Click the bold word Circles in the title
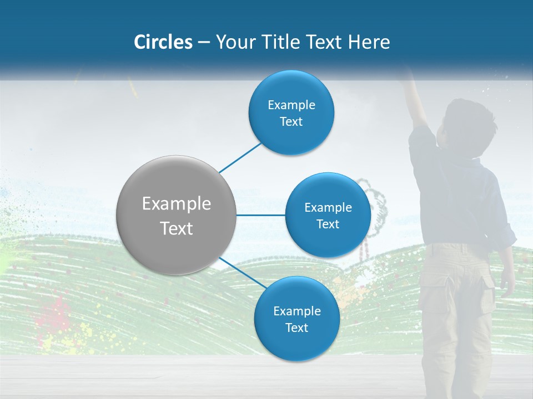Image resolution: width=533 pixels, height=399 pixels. click(x=163, y=42)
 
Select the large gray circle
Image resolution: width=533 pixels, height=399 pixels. click(x=177, y=215)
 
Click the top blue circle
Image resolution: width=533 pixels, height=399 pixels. click(x=291, y=113)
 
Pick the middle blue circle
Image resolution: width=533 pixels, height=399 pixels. click(x=328, y=215)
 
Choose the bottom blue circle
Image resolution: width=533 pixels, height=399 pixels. click(x=296, y=319)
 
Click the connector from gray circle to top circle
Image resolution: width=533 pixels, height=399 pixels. click(x=240, y=157)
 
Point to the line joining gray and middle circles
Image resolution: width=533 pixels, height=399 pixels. click(x=261, y=215)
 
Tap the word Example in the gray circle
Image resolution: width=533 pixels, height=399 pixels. click(x=177, y=204)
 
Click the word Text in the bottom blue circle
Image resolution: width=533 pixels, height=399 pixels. click(x=296, y=328)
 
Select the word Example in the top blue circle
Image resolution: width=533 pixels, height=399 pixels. click(x=291, y=105)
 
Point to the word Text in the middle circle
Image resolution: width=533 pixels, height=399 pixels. click(x=328, y=224)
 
